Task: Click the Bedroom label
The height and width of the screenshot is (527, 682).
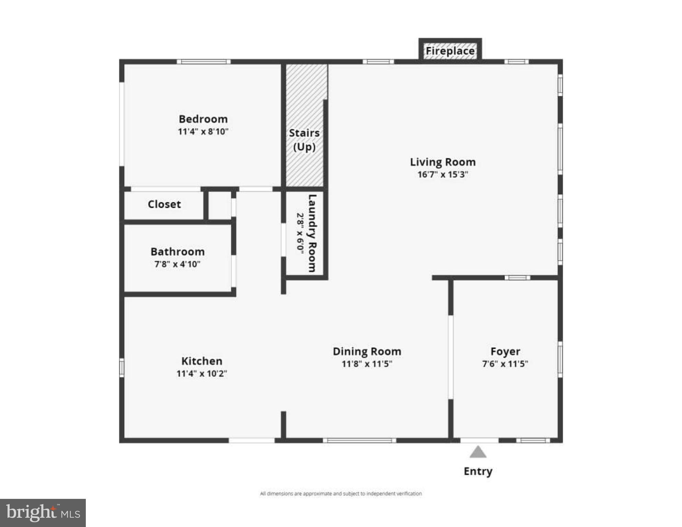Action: (x=203, y=119)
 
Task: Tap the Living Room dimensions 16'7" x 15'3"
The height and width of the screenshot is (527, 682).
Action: (x=442, y=174)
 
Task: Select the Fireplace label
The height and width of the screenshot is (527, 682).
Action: (x=450, y=51)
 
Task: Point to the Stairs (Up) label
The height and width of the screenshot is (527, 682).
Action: (x=304, y=140)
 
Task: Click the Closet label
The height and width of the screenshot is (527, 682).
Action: (x=164, y=204)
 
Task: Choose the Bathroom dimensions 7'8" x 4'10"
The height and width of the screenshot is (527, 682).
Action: (x=177, y=264)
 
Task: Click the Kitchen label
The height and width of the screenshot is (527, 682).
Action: (x=202, y=361)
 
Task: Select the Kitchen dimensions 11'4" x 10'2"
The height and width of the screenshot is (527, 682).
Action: (x=202, y=373)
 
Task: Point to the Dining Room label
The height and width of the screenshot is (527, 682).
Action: (x=367, y=351)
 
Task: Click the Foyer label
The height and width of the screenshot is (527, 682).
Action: (x=505, y=351)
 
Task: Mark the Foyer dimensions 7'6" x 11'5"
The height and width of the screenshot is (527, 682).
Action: (x=505, y=364)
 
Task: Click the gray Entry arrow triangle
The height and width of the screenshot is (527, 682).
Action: (x=478, y=452)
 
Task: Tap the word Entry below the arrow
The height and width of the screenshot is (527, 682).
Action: (x=478, y=471)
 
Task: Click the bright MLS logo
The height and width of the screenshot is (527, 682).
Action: (x=43, y=513)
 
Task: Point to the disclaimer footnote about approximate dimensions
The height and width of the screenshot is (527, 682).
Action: (x=341, y=493)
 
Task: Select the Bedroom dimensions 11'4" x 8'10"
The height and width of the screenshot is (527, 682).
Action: (x=203, y=131)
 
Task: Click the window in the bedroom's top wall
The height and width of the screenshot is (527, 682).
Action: (x=204, y=62)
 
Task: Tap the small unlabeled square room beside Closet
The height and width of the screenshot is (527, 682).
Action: (x=220, y=205)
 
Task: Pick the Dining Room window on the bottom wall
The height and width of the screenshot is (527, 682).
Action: (x=359, y=441)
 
